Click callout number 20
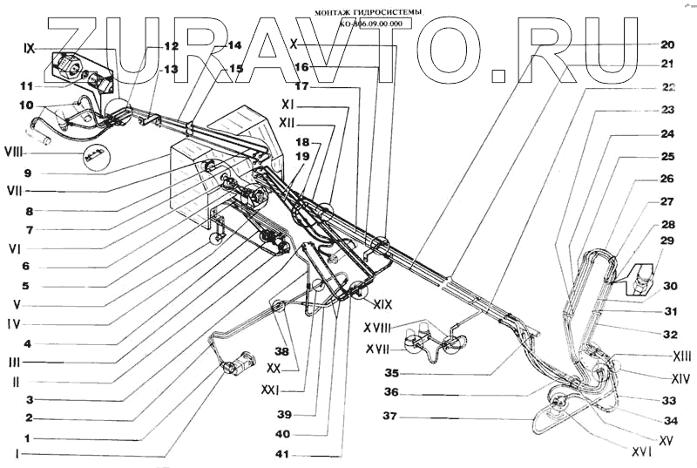click(x=667, y=44)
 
